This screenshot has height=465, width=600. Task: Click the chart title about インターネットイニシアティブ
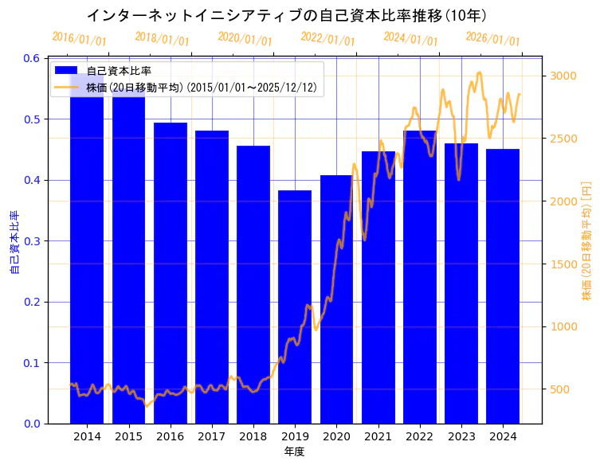pos(287,15)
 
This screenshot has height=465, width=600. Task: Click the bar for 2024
pos(503,286)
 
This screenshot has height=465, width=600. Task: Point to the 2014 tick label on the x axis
pos(87,436)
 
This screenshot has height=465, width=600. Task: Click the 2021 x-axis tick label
pos(378,436)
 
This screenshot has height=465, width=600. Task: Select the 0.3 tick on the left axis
pos(32,241)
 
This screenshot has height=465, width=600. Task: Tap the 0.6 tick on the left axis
pos(32,58)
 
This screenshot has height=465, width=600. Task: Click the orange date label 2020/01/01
pos(245,38)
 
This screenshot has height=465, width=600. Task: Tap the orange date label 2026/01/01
pos(492,38)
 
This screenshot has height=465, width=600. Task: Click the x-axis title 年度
pos(294,451)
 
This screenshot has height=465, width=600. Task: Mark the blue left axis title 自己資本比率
pos(14,242)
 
